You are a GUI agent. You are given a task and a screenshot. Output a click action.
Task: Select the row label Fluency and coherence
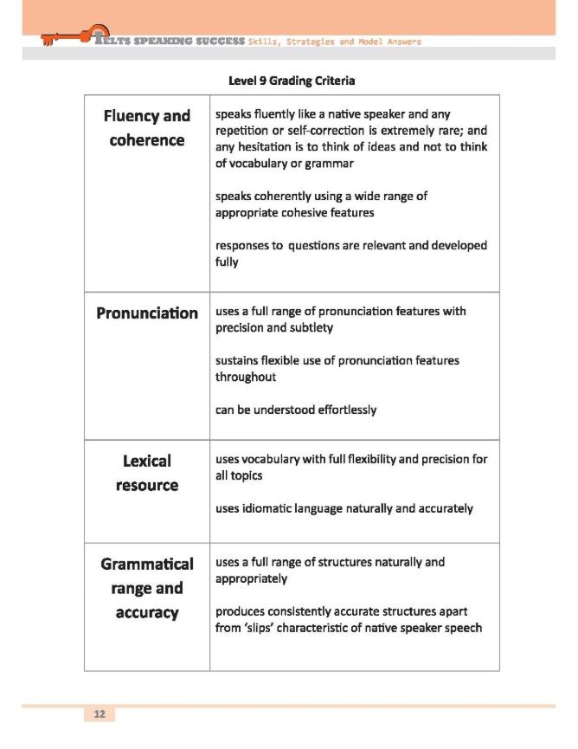(x=146, y=128)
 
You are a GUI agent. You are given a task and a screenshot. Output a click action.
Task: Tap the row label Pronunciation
(x=146, y=313)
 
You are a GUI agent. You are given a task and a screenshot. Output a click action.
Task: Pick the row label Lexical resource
(x=146, y=473)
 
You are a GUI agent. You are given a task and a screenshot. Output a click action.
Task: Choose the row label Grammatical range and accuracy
(x=146, y=588)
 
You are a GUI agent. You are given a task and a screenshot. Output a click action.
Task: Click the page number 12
(x=100, y=713)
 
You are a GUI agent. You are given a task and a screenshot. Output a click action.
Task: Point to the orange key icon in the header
(x=66, y=36)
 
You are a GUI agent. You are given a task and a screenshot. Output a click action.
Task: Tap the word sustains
(x=239, y=360)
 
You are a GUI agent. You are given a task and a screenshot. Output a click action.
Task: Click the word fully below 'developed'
(x=227, y=262)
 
